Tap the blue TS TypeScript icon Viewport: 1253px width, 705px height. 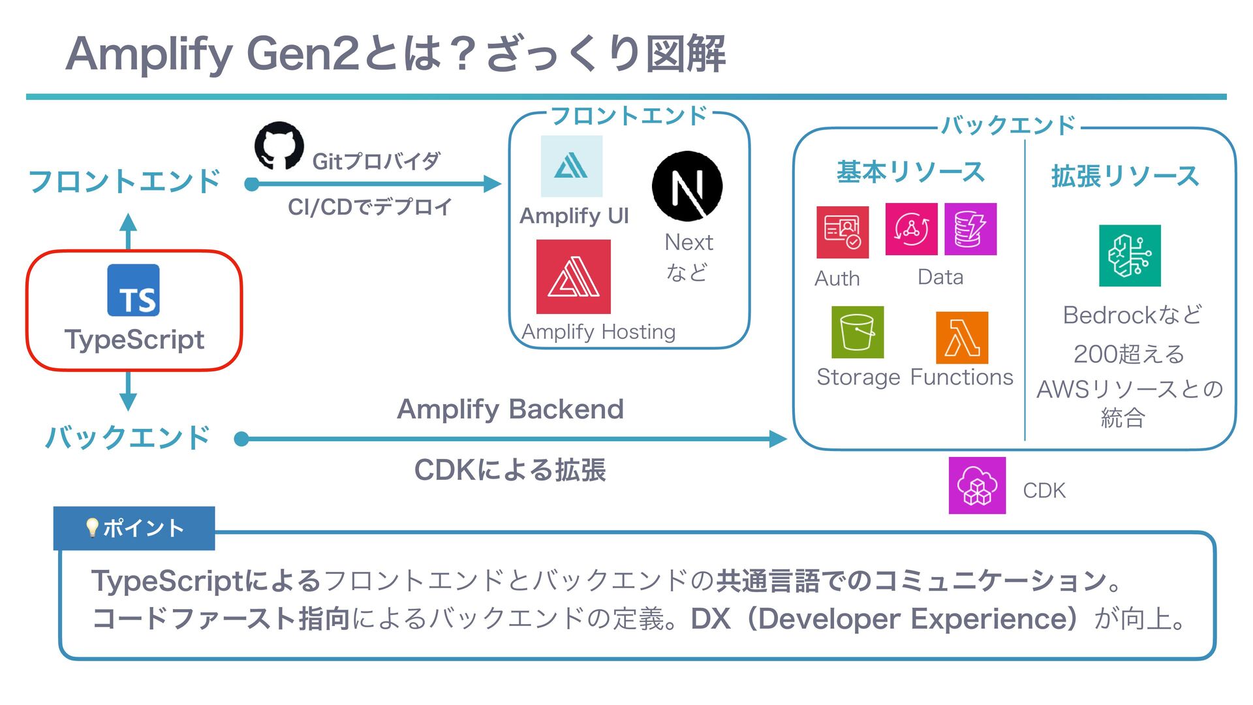(133, 290)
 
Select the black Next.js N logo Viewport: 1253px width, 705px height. (687, 186)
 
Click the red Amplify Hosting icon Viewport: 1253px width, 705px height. (573, 277)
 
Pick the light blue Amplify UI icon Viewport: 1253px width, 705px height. (572, 166)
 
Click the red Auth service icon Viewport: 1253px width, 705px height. (842, 232)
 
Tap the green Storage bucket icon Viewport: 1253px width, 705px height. (858, 332)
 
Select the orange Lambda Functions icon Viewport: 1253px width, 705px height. (961, 337)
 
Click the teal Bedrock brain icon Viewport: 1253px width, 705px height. (1129, 256)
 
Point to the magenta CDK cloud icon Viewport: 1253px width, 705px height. (977, 486)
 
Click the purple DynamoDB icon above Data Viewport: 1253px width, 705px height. (970, 229)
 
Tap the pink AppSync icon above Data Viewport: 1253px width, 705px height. (911, 229)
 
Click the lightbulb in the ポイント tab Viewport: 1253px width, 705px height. (92, 527)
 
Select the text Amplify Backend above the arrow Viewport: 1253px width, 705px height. (510, 409)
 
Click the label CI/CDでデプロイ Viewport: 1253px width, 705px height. (370, 207)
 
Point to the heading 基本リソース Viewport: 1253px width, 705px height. (910, 172)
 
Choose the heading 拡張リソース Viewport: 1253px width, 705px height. (1125, 176)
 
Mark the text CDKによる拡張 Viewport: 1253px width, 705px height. (510, 470)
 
